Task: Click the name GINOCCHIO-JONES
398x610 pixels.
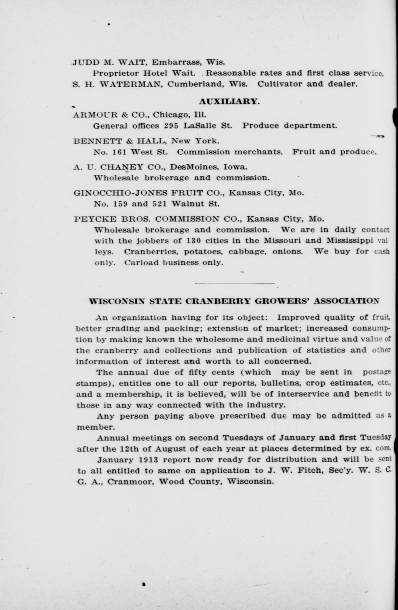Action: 120,193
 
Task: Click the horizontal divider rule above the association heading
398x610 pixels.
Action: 234,283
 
